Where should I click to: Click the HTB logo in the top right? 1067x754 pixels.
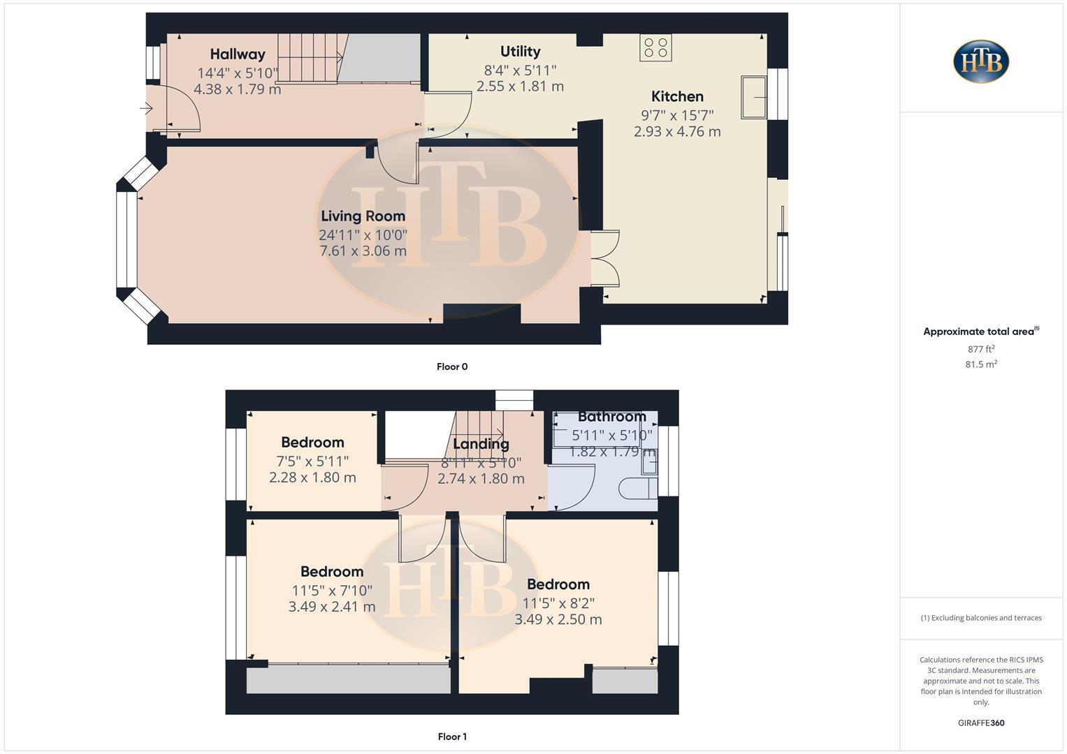(981, 61)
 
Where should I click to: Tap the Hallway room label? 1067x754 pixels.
(238, 54)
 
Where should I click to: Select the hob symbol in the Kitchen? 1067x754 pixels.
(655, 47)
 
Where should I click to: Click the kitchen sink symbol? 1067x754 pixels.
(754, 97)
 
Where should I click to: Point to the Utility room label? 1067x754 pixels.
(520, 51)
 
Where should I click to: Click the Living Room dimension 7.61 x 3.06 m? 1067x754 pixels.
(363, 251)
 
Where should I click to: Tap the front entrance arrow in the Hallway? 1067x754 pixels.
(147, 108)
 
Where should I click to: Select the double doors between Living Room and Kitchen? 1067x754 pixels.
(605, 258)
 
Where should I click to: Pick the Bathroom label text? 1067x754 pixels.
(611, 417)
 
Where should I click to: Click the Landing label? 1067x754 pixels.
(481, 444)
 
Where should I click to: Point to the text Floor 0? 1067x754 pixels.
(452, 367)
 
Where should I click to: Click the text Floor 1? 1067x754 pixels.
(452, 737)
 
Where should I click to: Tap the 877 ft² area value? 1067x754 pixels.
(981, 349)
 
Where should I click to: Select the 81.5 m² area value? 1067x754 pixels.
(981, 364)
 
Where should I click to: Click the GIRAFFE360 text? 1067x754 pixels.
(981, 723)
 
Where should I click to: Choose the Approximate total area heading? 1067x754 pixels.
(980, 332)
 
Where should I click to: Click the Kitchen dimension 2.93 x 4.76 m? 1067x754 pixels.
(677, 131)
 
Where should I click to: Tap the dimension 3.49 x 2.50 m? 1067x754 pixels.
(558, 619)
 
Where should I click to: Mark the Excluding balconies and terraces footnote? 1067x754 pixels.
(981, 618)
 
